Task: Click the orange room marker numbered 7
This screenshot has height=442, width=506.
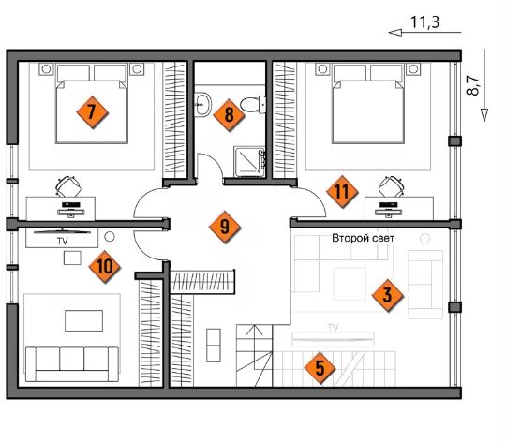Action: (92, 112)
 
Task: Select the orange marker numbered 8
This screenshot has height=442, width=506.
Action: (229, 115)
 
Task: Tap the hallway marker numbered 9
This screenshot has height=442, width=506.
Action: (225, 227)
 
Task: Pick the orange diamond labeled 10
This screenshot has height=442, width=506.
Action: (105, 267)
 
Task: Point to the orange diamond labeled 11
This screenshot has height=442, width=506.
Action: (342, 192)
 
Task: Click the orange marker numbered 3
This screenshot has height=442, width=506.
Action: (387, 295)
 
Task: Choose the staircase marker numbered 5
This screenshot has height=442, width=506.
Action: (320, 368)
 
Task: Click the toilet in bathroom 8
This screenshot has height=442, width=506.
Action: (253, 104)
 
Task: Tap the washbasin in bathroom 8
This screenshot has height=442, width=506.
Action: (203, 104)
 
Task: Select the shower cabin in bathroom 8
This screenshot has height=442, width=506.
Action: (249, 162)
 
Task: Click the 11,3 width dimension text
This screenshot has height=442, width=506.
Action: (424, 22)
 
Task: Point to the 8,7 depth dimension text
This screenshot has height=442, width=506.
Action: (472, 85)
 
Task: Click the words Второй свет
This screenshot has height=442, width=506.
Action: (363, 238)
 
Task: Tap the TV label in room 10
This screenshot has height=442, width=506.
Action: (62, 242)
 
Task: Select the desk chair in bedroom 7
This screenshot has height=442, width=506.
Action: (68, 186)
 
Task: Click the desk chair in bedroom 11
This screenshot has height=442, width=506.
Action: (392, 186)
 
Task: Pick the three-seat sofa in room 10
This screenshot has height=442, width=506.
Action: (72, 364)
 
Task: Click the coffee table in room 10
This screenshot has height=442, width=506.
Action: (84, 321)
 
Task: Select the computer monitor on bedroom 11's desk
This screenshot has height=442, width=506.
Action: (389, 208)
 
